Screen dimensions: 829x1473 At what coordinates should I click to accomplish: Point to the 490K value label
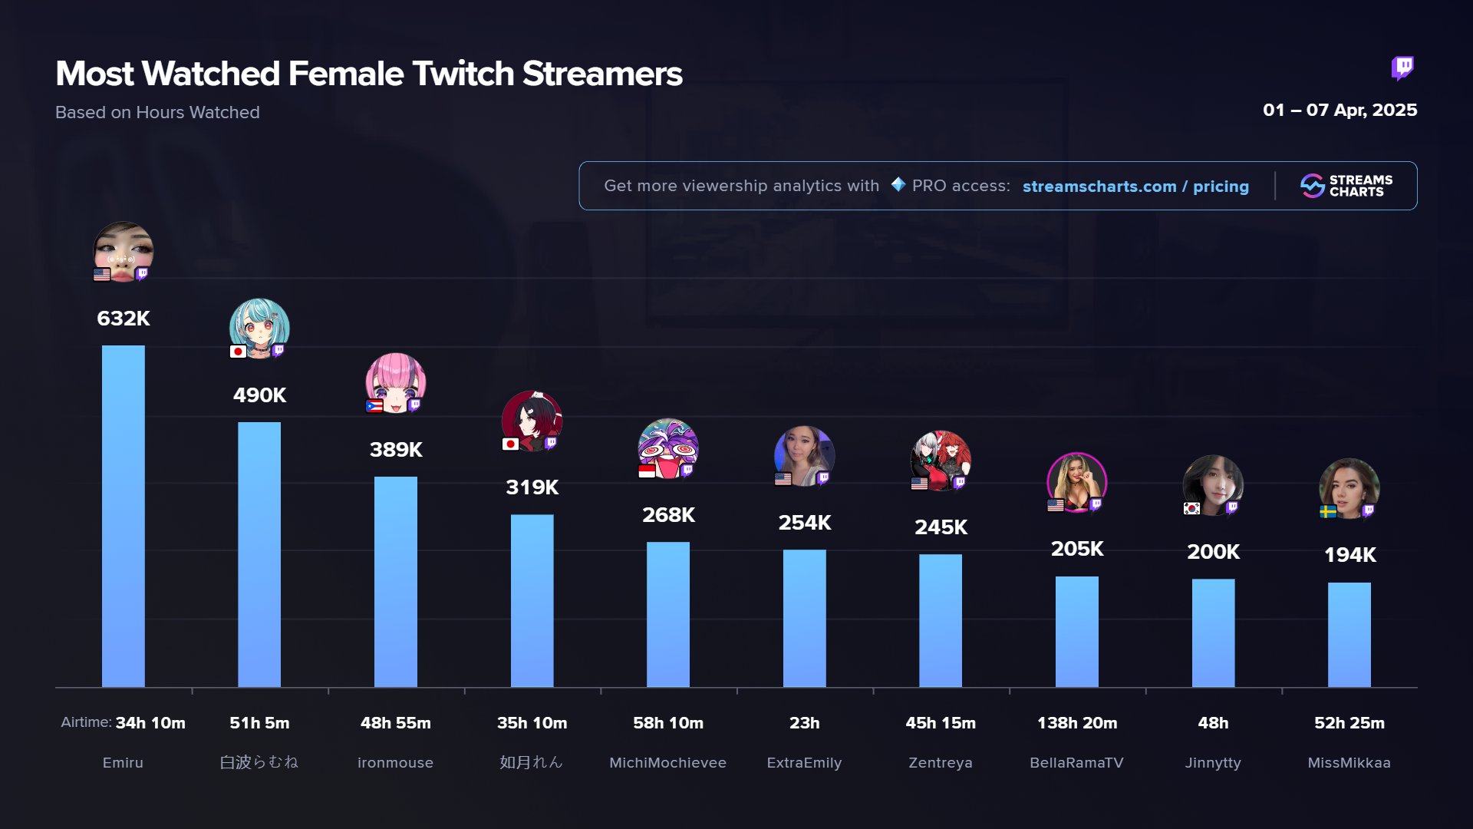(x=259, y=395)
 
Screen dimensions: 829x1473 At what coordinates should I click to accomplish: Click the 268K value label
(x=668, y=515)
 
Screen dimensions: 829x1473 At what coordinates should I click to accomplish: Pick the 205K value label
(x=1077, y=549)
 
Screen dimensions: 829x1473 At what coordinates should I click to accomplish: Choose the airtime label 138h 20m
(x=1077, y=723)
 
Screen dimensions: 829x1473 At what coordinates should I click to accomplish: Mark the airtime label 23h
(x=804, y=723)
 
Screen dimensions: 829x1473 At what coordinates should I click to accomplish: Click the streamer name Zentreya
(x=941, y=763)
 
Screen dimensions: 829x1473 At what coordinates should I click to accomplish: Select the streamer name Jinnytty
(x=1213, y=763)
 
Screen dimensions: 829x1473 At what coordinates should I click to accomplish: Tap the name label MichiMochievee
(x=667, y=763)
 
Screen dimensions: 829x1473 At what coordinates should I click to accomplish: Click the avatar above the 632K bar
(x=123, y=252)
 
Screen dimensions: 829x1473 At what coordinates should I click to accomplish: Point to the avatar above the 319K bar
(x=532, y=421)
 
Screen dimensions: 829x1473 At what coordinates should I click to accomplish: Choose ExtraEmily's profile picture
(x=804, y=456)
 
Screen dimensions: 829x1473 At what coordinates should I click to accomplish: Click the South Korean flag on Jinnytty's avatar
(x=1191, y=508)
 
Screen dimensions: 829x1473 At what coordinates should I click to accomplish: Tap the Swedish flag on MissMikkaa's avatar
(x=1328, y=511)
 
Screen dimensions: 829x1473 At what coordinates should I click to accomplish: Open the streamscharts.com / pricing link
(x=1135, y=187)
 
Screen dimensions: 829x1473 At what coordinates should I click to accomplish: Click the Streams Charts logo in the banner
(x=1346, y=186)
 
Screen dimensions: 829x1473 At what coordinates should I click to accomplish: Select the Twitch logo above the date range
(x=1402, y=68)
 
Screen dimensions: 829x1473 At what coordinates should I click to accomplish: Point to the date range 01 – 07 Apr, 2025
(x=1340, y=111)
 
